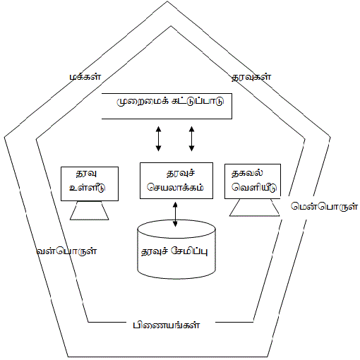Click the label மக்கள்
pos(85,77)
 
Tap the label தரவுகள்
pos(251,77)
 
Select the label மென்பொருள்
pos(324,207)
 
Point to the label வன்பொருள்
pos(66,251)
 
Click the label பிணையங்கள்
pos(167,325)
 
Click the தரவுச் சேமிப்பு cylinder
pos(176,249)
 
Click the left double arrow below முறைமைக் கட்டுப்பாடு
pos(158,138)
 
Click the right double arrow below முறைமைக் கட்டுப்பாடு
pos(191,138)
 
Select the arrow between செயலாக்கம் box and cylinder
pos(175,214)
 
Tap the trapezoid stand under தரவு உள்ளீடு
pos(90,210)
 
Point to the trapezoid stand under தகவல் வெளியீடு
pos(254,208)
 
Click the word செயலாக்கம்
pos(175,188)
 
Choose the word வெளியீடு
pos(254,188)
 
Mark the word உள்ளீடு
pos(87,188)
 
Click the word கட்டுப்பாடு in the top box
pos(198,101)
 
